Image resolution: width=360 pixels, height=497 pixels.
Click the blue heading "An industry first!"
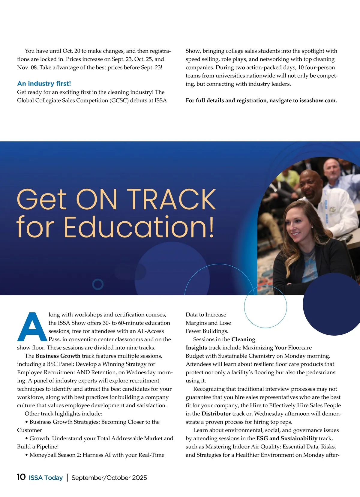click(x=44, y=84)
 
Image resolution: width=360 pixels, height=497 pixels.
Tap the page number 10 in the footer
click(x=21, y=477)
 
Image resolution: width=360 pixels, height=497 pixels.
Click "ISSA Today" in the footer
click(x=46, y=478)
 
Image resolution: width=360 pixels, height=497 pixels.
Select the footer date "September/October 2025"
click(x=109, y=478)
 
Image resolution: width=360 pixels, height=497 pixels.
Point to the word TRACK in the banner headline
click(x=172, y=199)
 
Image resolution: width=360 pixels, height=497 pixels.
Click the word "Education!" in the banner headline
click(x=139, y=227)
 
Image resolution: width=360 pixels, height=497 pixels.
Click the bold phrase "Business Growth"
click(x=58, y=356)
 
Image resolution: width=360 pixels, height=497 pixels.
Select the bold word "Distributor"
click(x=216, y=414)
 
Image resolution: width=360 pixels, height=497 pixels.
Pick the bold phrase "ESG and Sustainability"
click(x=287, y=438)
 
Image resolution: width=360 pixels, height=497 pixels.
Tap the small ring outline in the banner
click(x=98, y=284)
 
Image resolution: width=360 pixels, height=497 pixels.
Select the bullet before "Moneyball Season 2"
click(x=27, y=455)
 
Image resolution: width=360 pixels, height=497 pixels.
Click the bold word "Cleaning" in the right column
click(x=243, y=339)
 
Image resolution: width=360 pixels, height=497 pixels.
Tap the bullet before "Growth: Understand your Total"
click(x=27, y=439)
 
